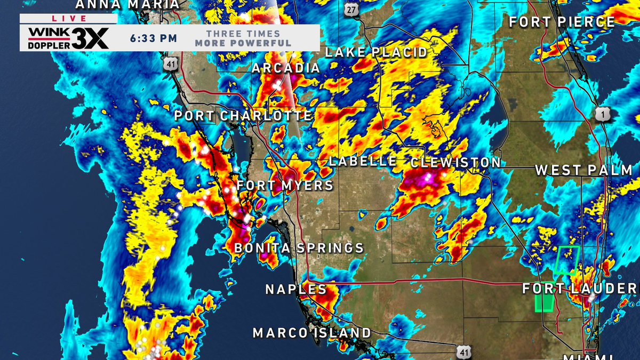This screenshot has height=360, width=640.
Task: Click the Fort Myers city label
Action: (x=285, y=186)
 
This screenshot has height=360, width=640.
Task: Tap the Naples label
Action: (x=296, y=290)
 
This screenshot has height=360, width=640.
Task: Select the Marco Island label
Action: (x=312, y=333)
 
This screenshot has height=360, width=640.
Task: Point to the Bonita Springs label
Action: (x=299, y=248)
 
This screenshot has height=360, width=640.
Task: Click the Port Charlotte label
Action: (x=243, y=116)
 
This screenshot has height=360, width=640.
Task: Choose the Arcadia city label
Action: (x=286, y=68)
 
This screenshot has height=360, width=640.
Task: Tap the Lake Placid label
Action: (x=376, y=52)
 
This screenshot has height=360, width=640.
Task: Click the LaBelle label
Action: (x=363, y=162)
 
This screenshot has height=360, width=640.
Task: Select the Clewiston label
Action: (x=456, y=162)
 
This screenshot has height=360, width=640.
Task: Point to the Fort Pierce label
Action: (x=562, y=22)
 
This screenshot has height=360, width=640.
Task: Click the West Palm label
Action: (x=583, y=171)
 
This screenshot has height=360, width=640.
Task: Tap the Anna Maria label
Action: (x=127, y=5)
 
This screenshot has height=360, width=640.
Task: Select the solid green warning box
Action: (x=544, y=301)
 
